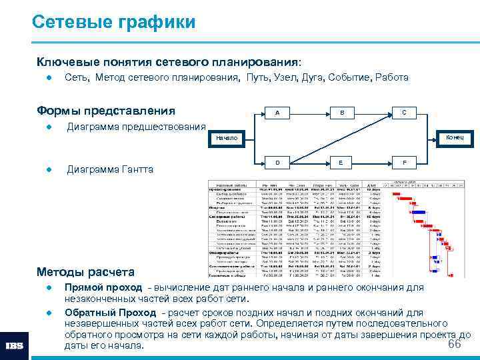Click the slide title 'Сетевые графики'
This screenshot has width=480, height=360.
114,23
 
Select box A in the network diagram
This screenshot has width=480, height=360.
277,113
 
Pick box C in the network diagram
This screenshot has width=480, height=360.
404,113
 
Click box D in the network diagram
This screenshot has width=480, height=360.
277,163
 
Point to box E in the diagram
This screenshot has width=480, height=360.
341,163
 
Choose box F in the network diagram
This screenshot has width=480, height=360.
404,163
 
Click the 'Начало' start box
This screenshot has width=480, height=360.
227,138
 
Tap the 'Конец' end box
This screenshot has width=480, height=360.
459,137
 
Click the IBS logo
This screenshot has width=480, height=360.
15,346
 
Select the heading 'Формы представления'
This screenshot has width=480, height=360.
106,111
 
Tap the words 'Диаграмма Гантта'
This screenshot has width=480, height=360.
110,169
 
